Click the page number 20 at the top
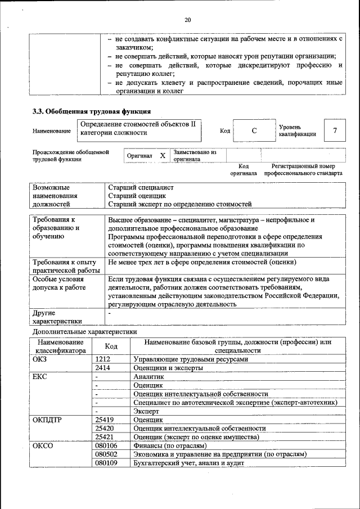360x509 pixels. tap(188, 21)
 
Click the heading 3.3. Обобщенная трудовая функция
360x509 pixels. tap(92, 111)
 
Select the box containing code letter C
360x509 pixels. tap(254, 131)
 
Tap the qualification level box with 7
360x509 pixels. tap(335, 131)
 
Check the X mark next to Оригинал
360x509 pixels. tap(163, 155)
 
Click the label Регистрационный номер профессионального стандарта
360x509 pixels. tap(303, 170)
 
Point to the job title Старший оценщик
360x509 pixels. tap(132, 195)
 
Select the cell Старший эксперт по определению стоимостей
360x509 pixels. tap(180, 204)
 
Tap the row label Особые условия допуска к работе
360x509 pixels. tap(59, 283)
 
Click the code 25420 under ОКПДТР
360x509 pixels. tap(105, 428)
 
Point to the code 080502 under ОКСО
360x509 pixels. tap(106, 454)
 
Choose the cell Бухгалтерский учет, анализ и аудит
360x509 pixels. tap(188, 462)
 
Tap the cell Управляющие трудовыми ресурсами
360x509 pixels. tap(190, 359)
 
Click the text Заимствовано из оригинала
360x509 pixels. tap(195, 155)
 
